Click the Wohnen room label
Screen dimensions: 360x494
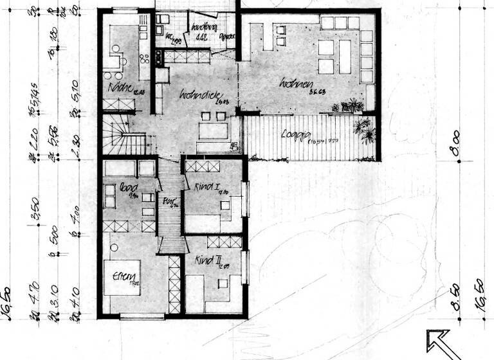[x=297, y=84]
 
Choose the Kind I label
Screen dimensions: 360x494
[x=203, y=187]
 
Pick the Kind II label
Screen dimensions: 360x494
[x=208, y=262]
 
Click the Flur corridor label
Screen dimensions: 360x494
[x=169, y=201]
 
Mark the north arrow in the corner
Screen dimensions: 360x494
[x=443, y=343]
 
